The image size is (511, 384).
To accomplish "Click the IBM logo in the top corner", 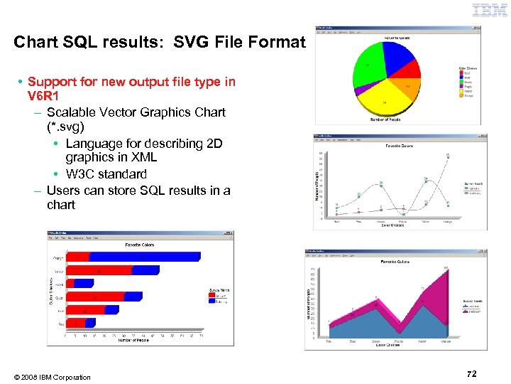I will pos(489,11).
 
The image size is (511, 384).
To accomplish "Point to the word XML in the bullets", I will pos(142,157).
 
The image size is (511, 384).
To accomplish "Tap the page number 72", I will pos(472,374).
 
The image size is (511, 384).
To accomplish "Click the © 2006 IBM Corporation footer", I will pos(52,377).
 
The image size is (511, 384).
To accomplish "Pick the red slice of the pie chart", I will pos(410,71).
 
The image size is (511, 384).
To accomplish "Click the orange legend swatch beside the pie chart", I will pos(462,95).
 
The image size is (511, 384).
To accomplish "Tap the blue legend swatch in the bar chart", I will pos(211,302).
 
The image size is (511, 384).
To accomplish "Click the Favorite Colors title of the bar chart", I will pos(140,245).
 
